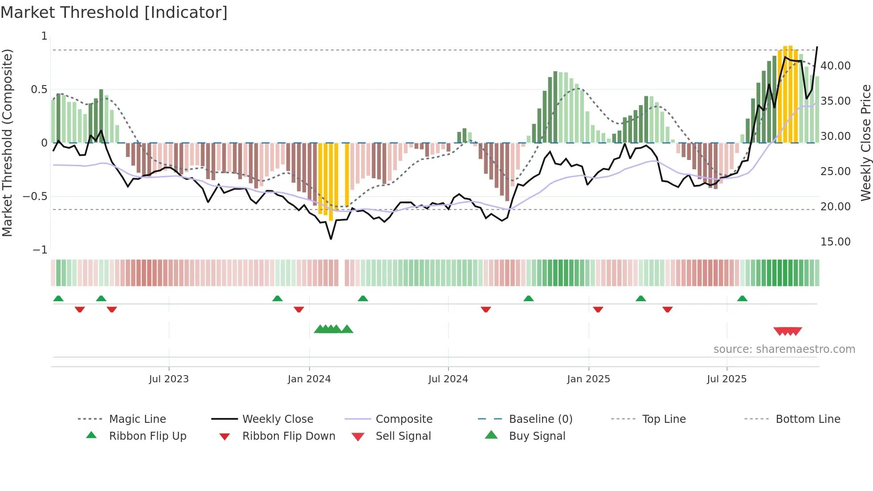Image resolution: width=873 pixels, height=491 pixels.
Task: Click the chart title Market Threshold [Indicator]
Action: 114,12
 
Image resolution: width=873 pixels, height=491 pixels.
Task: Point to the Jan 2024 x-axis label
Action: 309,379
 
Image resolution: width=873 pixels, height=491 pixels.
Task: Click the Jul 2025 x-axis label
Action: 726,379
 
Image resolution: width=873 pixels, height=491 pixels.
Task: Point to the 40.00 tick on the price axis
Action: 835,66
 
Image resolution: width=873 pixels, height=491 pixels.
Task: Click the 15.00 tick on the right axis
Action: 835,242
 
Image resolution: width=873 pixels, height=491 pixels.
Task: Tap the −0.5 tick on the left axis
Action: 35,196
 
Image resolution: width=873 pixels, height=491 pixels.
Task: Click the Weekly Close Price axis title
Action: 865,143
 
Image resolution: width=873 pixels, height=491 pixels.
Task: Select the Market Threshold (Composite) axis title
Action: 7,143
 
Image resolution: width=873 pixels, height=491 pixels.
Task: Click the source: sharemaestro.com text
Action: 784,349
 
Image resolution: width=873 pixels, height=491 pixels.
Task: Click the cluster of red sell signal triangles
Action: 787,331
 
